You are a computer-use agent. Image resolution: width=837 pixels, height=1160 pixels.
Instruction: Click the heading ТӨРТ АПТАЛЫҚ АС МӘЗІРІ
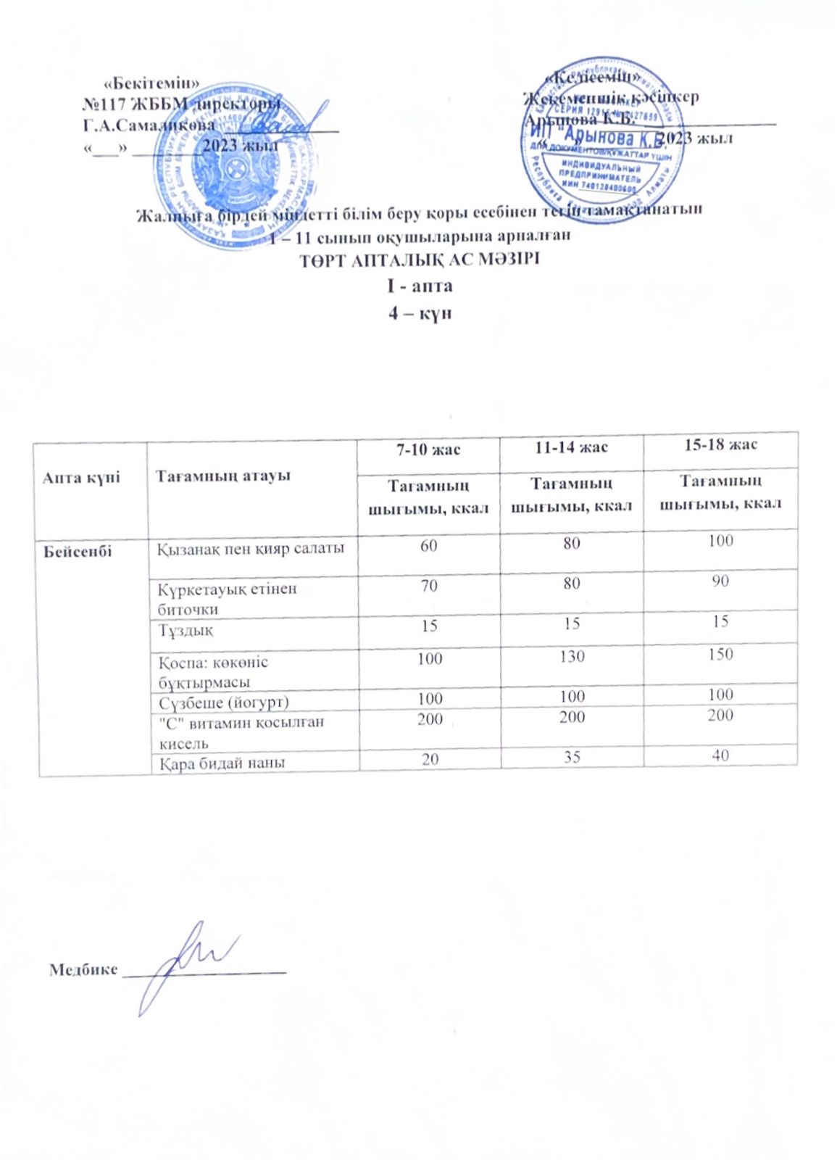tap(420, 260)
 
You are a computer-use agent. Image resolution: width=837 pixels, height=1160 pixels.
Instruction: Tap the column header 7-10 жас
tap(428, 449)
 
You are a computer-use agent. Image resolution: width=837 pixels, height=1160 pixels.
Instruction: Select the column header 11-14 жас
tap(571, 447)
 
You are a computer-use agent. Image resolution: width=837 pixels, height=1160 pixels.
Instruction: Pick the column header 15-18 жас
tap(720, 444)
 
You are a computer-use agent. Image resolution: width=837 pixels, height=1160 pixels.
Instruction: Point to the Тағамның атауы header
tap(223, 476)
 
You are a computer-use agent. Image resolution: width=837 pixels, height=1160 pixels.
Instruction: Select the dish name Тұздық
tap(186, 629)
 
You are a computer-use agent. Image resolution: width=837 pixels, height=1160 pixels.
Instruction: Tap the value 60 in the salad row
tap(429, 544)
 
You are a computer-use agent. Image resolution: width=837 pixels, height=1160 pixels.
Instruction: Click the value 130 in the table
tap(572, 657)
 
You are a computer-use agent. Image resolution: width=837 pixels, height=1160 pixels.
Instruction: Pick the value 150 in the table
tap(720, 654)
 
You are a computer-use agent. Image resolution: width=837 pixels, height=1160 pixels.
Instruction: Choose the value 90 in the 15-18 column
tap(720, 581)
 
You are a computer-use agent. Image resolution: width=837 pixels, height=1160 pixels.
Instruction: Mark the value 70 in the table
tap(429, 584)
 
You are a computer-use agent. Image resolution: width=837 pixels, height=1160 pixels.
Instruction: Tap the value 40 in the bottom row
tap(720, 755)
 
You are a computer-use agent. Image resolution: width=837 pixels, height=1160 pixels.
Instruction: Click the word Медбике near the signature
tap(83, 969)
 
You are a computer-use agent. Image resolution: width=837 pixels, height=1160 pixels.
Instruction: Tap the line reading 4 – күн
tap(420, 314)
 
